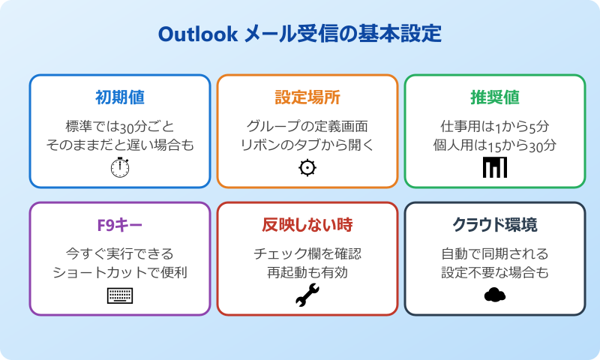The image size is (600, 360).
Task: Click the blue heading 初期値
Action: [x=120, y=97]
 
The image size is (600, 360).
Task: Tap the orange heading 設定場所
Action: [x=307, y=97]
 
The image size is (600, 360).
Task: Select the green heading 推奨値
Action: [x=495, y=97]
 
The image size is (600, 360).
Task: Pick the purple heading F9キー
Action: [x=120, y=225]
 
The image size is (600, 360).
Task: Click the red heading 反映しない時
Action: [x=307, y=225]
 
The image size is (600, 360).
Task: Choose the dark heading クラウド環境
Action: [x=495, y=225]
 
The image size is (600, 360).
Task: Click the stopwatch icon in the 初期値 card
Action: [x=120, y=168]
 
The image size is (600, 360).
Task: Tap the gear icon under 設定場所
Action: [x=307, y=168]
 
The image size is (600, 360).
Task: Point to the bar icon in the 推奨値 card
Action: [x=495, y=168]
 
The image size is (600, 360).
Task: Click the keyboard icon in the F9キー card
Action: [x=120, y=295]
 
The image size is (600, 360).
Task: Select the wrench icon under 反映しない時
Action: [x=307, y=295]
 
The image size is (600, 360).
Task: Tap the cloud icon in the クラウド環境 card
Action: [x=495, y=295]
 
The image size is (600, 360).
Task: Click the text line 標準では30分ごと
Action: [x=120, y=125]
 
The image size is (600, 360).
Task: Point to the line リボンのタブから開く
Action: [x=307, y=145]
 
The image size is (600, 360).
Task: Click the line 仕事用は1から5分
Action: [x=495, y=125]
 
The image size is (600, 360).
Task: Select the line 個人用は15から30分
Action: [x=495, y=145]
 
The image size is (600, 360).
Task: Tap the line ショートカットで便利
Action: [x=120, y=272]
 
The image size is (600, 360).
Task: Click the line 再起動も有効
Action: [x=307, y=272]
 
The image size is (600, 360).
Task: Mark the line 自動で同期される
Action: [x=495, y=253]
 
